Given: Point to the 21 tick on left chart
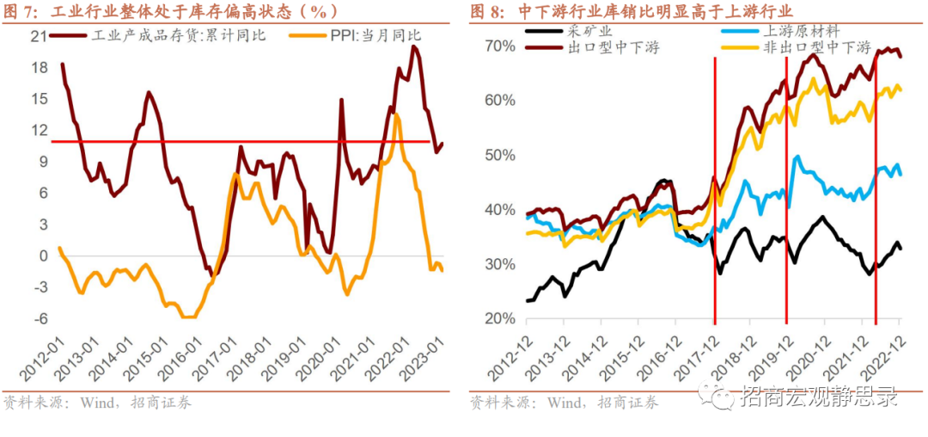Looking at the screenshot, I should click(x=37, y=36).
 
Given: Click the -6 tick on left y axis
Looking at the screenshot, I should click(x=37, y=318).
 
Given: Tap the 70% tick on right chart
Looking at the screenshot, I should click(x=498, y=46).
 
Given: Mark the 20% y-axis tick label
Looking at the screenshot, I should click(x=498, y=318).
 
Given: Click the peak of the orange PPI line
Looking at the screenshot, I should click(x=396, y=115).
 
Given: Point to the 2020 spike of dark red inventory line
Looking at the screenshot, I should click(x=341, y=101).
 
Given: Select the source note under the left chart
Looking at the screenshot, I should click(x=98, y=403).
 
